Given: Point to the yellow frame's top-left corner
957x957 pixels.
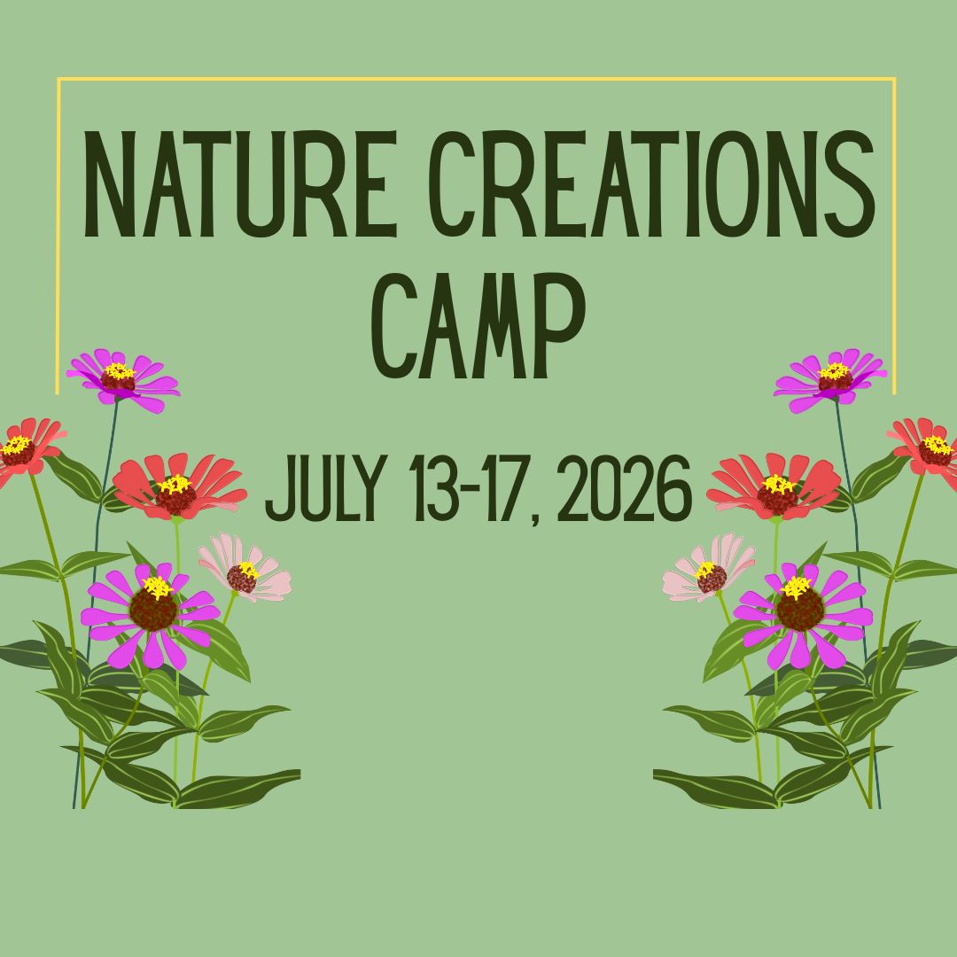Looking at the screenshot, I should [x=59, y=80].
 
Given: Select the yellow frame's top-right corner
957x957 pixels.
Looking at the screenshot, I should [x=893, y=80].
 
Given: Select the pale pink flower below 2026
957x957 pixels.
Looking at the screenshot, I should [x=710, y=572].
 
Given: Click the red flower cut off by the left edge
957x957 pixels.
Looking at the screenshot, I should [x=21, y=450].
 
